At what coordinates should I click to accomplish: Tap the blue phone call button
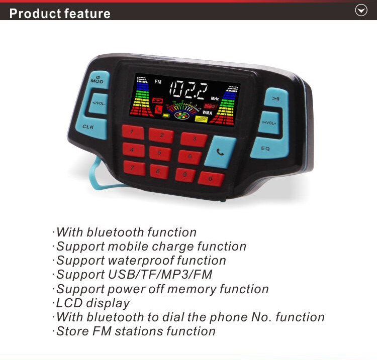(x=220, y=151)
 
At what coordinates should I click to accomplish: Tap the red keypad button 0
(x=211, y=178)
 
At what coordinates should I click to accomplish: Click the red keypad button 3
(x=194, y=139)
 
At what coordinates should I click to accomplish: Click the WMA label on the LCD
(x=207, y=112)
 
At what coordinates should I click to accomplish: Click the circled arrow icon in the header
(x=361, y=10)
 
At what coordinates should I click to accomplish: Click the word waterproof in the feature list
(x=138, y=261)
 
